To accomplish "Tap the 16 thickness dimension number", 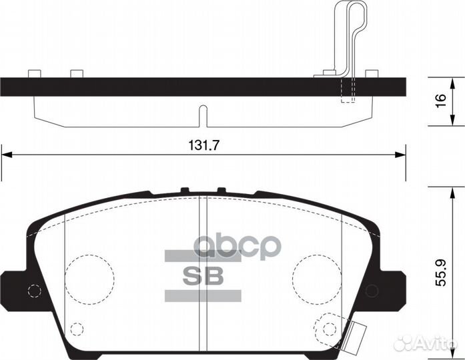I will (x=439, y=101).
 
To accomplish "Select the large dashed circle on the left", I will (x=90, y=274).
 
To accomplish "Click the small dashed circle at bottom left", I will (x=77, y=329).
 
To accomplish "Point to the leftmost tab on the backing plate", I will (x=34, y=73).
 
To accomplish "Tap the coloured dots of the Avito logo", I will (x=403, y=343).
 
